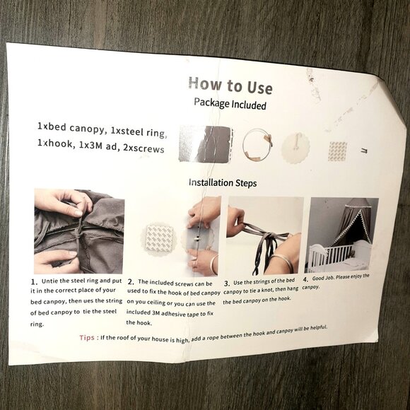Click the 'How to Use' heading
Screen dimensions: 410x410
pos(230,86)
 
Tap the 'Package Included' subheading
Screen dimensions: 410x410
pos(230,103)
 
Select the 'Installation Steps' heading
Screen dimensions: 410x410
pos(223,182)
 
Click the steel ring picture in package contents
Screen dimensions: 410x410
pos(257,145)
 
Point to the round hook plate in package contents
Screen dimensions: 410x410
pos(295,148)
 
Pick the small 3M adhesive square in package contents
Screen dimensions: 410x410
pos(338,151)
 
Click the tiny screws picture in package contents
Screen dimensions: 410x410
pos(364,150)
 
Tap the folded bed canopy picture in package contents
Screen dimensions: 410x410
pos(206,144)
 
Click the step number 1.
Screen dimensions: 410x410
pos(34,282)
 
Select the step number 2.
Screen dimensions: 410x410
pos(131,282)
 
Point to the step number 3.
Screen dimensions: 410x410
pos(227,283)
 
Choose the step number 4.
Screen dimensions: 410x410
pos(305,279)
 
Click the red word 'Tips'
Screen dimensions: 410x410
pos(87,338)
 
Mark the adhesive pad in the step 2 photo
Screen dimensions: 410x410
pos(159,238)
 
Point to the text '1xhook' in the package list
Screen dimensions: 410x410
pos(55,143)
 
